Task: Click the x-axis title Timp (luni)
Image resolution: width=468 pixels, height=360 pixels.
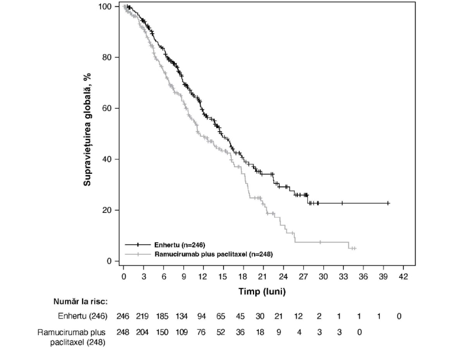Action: (262, 291)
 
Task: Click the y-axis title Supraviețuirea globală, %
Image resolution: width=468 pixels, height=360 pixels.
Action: (87, 129)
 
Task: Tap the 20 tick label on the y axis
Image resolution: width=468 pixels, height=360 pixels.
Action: (107, 210)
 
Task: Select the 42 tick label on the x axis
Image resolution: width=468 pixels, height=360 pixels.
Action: (403, 277)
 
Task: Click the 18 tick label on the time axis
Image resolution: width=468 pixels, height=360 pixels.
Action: (243, 277)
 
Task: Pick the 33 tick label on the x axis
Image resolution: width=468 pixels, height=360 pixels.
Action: (343, 277)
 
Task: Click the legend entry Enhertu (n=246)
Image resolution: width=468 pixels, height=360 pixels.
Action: (165, 245)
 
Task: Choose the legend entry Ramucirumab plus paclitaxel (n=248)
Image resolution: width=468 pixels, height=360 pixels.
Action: (199, 254)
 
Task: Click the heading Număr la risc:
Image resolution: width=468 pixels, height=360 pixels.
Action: (80, 301)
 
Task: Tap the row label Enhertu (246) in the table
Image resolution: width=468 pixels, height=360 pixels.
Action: (83, 316)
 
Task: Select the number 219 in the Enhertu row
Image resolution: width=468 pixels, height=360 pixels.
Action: (142, 316)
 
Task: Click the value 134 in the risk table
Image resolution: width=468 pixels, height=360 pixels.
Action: (181, 316)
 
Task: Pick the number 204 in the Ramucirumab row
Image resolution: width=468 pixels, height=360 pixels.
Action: (142, 332)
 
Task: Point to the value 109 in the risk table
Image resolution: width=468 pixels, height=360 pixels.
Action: (181, 332)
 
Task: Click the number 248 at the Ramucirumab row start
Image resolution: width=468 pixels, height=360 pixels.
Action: (123, 332)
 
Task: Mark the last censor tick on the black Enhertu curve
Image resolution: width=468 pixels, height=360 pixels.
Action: (388, 203)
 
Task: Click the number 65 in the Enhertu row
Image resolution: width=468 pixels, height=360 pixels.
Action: (220, 316)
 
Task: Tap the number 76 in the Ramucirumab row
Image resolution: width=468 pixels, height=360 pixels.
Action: (201, 332)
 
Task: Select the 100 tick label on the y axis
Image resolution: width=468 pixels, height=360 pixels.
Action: (105, 7)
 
